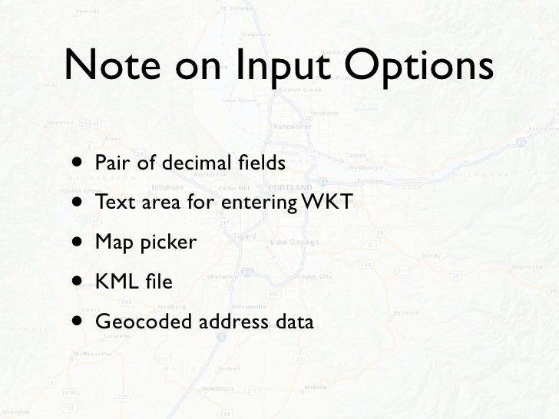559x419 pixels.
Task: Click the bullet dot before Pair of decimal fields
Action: pyautogui.click(x=80, y=163)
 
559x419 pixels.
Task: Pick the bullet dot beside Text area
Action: pyautogui.click(x=80, y=203)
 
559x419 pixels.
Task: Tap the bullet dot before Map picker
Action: pyautogui.click(x=80, y=242)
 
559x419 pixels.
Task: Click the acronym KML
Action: pyautogui.click(x=114, y=282)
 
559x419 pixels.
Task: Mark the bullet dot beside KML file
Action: pyautogui.click(x=80, y=282)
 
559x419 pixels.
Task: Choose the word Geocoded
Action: pyautogui.click(x=144, y=322)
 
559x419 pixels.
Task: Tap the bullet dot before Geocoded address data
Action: pyautogui.click(x=80, y=322)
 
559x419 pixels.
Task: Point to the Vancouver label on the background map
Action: pyautogui.click(x=293, y=125)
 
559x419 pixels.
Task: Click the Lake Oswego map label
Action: pyautogui.click(x=289, y=243)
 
